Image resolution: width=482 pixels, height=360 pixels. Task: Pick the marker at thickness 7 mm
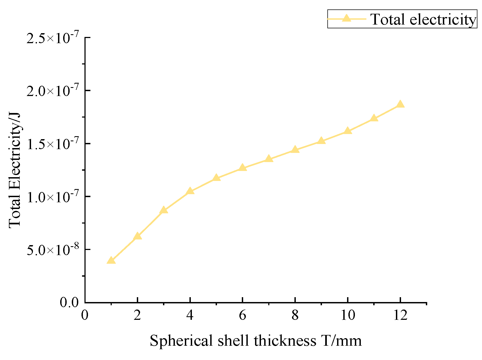click(269, 159)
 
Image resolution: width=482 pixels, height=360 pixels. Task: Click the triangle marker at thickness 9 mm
click(321, 141)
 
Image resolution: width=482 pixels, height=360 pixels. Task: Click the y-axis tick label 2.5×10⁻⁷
click(53, 38)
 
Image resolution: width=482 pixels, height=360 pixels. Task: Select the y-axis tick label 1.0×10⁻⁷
click(53, 197)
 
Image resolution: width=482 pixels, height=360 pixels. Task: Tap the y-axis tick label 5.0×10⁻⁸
click(53, 249)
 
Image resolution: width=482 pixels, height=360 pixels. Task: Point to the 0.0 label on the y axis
click(69, 303)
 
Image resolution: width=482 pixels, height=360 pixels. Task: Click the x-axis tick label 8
click(295, 315)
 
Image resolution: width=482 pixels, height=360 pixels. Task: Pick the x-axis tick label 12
click(400, 315)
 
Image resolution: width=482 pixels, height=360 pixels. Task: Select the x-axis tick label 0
click(85, 315)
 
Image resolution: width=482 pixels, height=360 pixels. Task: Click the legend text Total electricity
click(423, 19)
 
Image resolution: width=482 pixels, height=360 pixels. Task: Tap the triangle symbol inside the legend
click(347, 18)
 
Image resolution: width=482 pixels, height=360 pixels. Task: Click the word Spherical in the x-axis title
click(181, 341)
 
